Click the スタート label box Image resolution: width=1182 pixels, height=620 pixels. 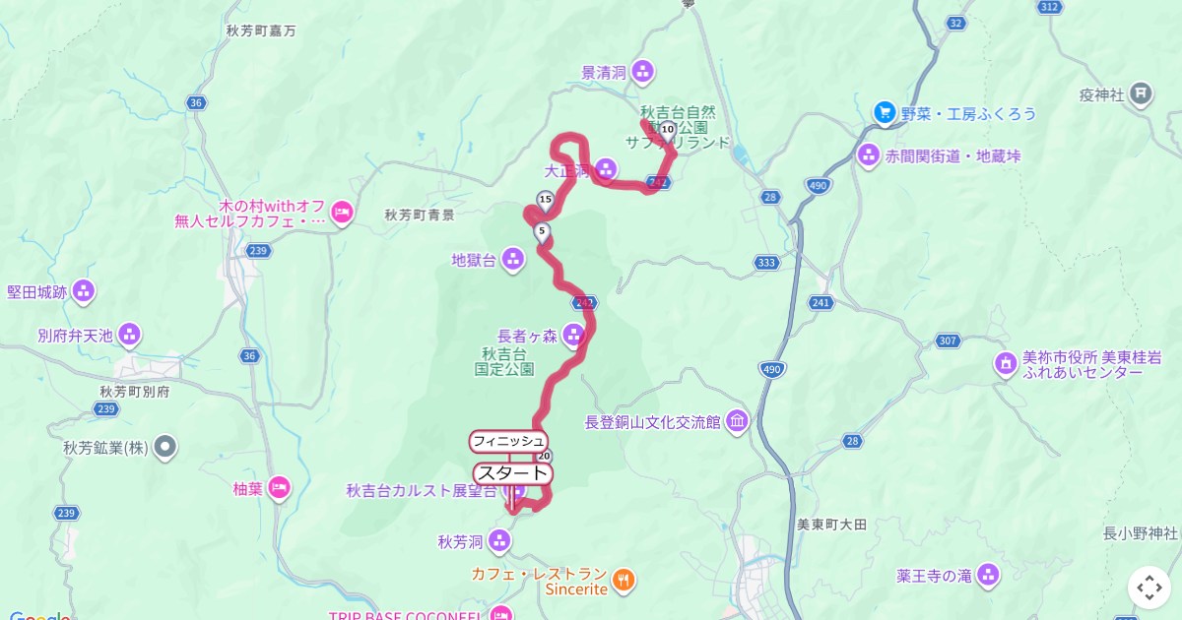(512, 473)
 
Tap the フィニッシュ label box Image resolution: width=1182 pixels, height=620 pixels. (508, 441)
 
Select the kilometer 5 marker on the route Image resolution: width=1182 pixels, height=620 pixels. (541, 233)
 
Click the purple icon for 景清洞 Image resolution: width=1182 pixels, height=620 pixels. (642, 71)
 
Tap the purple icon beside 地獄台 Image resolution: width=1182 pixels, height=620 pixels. (512, 260)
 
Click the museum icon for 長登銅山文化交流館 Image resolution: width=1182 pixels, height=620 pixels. (737, 422)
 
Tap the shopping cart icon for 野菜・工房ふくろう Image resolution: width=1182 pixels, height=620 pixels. (884, 113)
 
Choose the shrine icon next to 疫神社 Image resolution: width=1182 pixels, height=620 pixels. (1141, 94)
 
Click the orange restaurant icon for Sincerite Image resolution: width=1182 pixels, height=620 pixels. (624, 581)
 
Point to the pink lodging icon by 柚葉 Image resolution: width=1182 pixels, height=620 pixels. (280, 487)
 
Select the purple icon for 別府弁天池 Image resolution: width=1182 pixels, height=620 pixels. (129, 335)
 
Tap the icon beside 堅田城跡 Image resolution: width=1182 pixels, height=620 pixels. (84, 291)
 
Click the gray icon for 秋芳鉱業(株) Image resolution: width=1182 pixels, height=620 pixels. (165, 448)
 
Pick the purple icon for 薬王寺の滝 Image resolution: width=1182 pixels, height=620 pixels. (988, 575)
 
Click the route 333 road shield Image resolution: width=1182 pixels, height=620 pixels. (767, 263)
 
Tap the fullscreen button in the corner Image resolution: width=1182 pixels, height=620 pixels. (1149, 588)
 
